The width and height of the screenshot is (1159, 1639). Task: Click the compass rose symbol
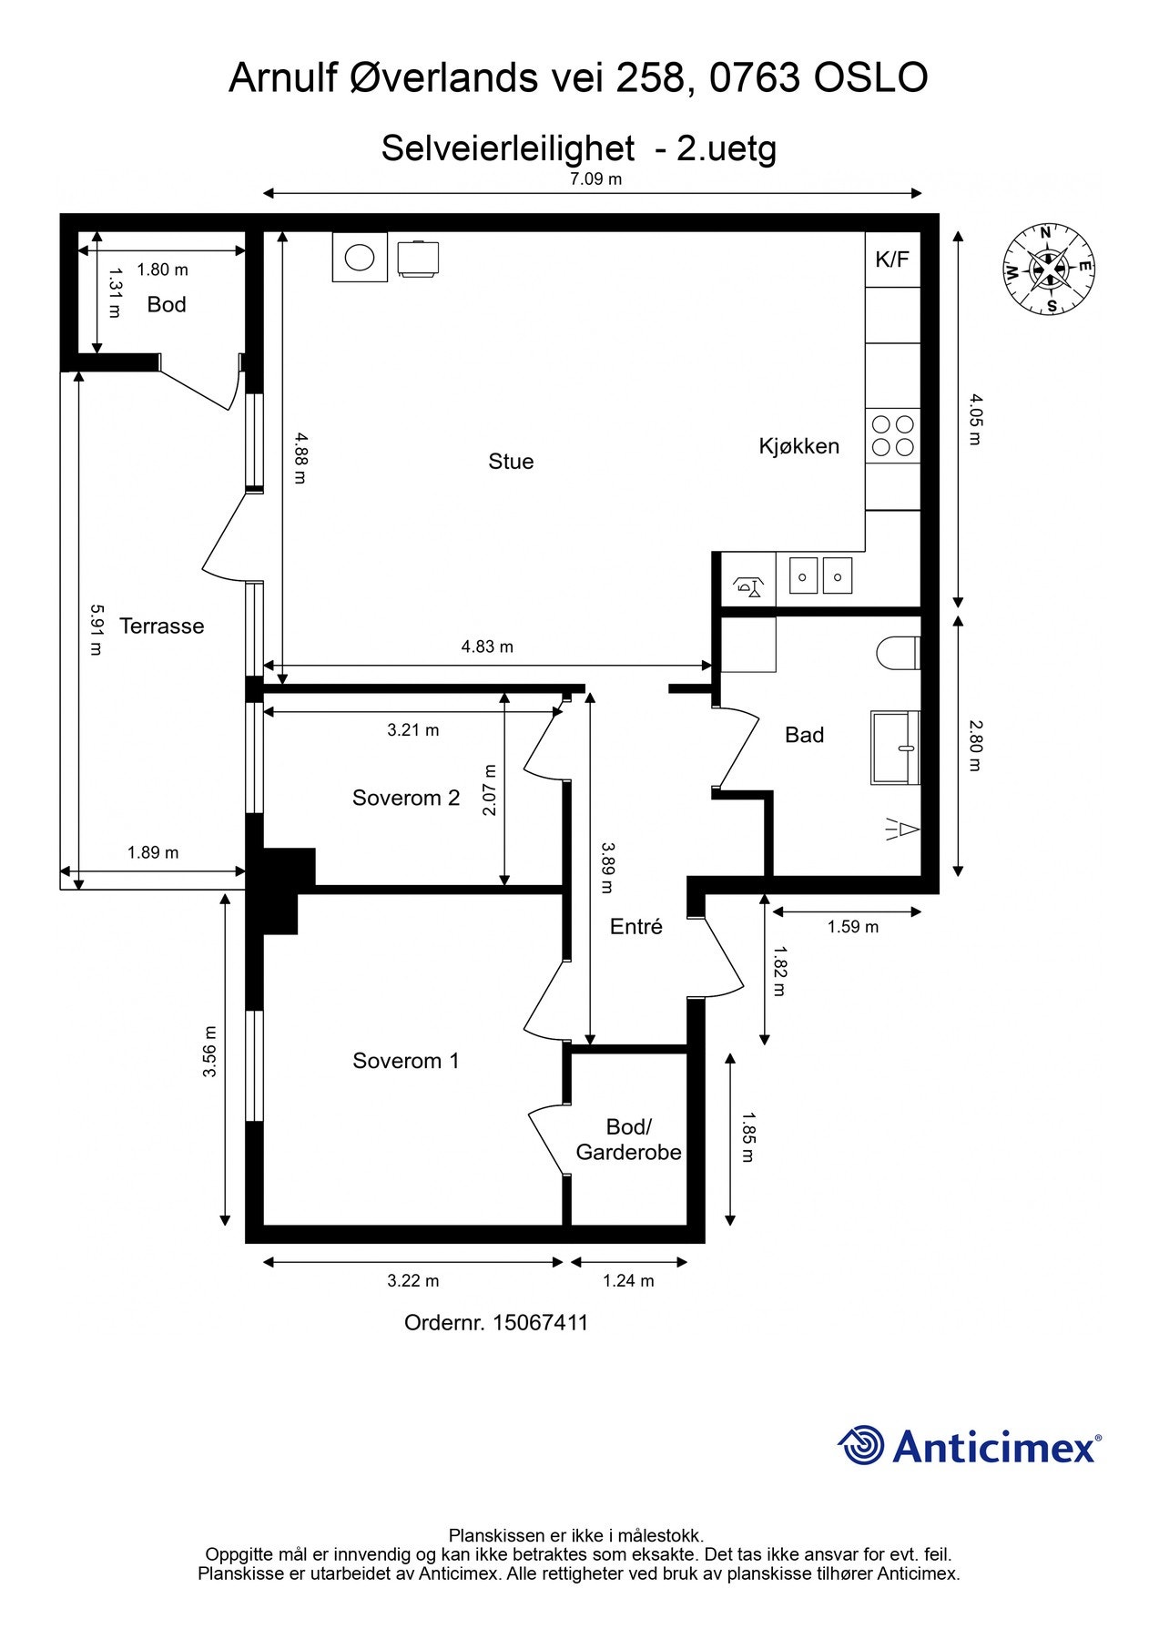tap(1049, 269)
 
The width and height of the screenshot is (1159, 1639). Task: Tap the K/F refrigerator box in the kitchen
tap(892, 260)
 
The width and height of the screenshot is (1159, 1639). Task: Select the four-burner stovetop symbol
tap(892, 435)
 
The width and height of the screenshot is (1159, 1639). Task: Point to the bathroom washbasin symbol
tap(895, 748)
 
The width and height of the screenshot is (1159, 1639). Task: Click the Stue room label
tap(511, 462)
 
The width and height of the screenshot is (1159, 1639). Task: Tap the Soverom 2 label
tap(406, 799)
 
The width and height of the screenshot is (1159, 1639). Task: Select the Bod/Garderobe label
tap(628, 1140)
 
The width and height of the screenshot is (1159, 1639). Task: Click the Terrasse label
tap(162, 626)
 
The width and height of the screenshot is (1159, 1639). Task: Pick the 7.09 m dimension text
tap(595, 179)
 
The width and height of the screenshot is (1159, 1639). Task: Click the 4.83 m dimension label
tap(487, 647)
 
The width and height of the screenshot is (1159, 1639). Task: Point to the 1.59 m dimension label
tap(853, 927)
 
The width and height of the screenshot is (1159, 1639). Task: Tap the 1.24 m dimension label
tap(628, 1281)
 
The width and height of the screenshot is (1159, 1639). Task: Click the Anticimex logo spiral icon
tap(861, 1445)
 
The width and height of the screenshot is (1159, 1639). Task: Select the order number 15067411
tap(540, 1323)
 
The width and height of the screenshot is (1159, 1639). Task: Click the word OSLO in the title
tap(869, 78)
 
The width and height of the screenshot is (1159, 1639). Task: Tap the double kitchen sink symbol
tap(820, 576)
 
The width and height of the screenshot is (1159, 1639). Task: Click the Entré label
tap(636, 927)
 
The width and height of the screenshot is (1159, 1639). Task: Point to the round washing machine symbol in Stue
tap(360, 258)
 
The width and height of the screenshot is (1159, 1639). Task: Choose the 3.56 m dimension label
tap(210, 1052)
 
